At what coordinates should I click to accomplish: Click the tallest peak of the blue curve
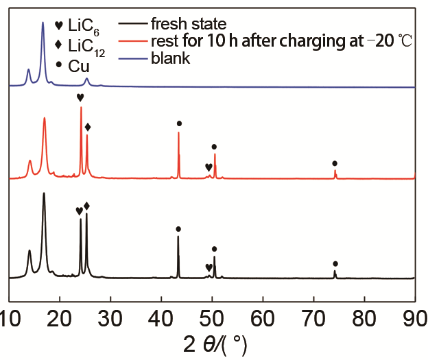pos(43,23)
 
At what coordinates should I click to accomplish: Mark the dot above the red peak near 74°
pos(335,163)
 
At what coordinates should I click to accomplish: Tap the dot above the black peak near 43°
pos(178,229)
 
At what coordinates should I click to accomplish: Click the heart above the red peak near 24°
pos(81,97)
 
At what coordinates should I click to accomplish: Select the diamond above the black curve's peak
pos(86,206)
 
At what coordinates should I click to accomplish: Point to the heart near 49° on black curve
pos(209,267)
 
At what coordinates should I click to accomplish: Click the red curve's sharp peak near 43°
pos(179,133)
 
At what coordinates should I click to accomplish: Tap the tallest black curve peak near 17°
pos(44,194)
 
